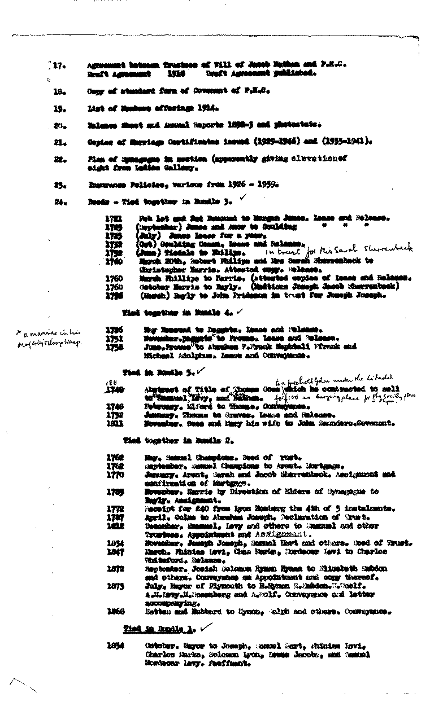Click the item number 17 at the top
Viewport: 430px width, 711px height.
pos(57,66)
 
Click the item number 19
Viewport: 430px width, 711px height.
pos(57,107)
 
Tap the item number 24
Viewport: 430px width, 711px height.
pos(57,200)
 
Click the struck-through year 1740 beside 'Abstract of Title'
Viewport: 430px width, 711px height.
pos(114,389)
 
